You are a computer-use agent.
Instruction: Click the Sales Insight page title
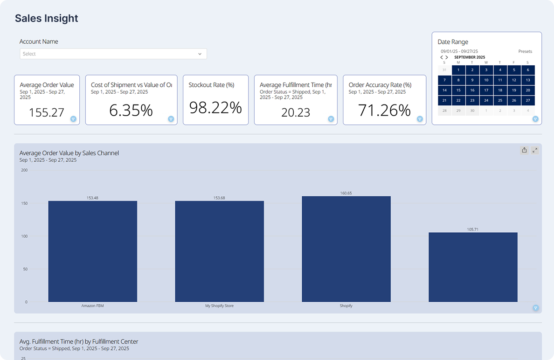pos(47,19)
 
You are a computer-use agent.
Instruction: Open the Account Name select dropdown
pos(113,54)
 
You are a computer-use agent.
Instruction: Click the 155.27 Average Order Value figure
pos(47,112)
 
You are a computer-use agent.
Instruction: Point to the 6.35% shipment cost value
pos(131,111)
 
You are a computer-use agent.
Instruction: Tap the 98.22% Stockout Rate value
pos(215,108)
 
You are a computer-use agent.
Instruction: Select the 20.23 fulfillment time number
pos(296,112)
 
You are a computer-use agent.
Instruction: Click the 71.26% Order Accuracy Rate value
pos(384,111)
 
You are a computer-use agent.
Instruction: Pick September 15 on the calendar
pos(458,90)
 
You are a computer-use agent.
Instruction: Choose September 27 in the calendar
pos(527,100)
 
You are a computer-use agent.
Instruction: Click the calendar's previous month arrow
pos(442,57)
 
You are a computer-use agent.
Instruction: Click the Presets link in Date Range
pos(525,51)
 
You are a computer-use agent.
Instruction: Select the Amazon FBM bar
pos(92,251)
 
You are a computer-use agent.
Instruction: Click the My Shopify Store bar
pos(219,251)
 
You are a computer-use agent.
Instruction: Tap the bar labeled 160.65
pos(346,249)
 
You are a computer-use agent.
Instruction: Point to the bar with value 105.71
pos(473,267)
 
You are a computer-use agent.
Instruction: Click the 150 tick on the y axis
pos(24,203)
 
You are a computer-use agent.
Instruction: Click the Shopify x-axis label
pos(346,306)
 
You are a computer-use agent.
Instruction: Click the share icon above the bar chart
pos(524,150)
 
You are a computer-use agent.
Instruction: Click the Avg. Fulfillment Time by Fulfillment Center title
pos(79,342)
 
